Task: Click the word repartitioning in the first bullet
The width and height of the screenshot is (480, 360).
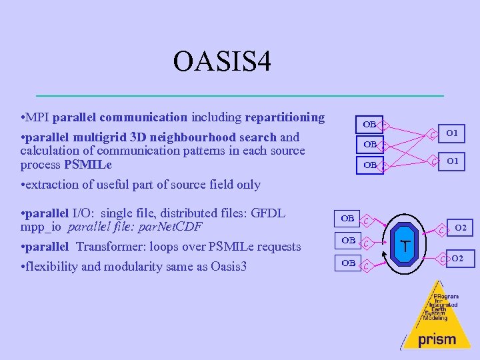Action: pos(285,118)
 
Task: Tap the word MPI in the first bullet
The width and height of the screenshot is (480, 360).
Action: pos(39,118)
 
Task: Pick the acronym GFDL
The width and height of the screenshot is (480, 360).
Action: pos(269,213)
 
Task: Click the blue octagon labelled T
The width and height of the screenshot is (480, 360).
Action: pos(405,244)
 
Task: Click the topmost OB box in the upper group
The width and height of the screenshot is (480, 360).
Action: pos(369,124)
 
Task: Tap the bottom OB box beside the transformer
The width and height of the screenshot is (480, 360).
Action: pos(348,263)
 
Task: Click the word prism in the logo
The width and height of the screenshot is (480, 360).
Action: pos(437,339)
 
